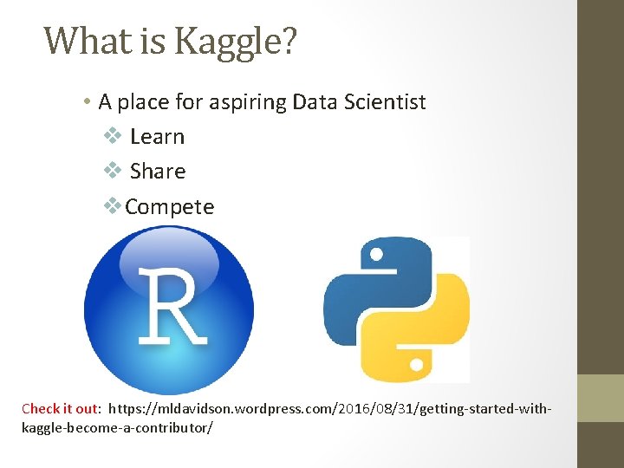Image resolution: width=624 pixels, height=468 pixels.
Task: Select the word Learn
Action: pos(157,137)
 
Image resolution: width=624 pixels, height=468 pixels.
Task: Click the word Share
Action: pos(158,172)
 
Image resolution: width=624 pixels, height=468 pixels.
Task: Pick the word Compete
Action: pos(170,207)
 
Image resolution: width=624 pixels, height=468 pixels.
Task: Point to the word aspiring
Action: pos(246,102)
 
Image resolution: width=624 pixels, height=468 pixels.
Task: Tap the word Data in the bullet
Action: pos(313,102)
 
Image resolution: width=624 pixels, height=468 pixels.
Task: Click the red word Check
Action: pos(41,408)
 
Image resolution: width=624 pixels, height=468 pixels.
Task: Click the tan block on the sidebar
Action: pos(600,398)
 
